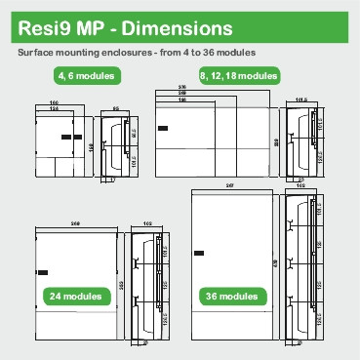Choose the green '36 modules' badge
pos(231,296)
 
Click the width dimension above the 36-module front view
pos(229,184)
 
